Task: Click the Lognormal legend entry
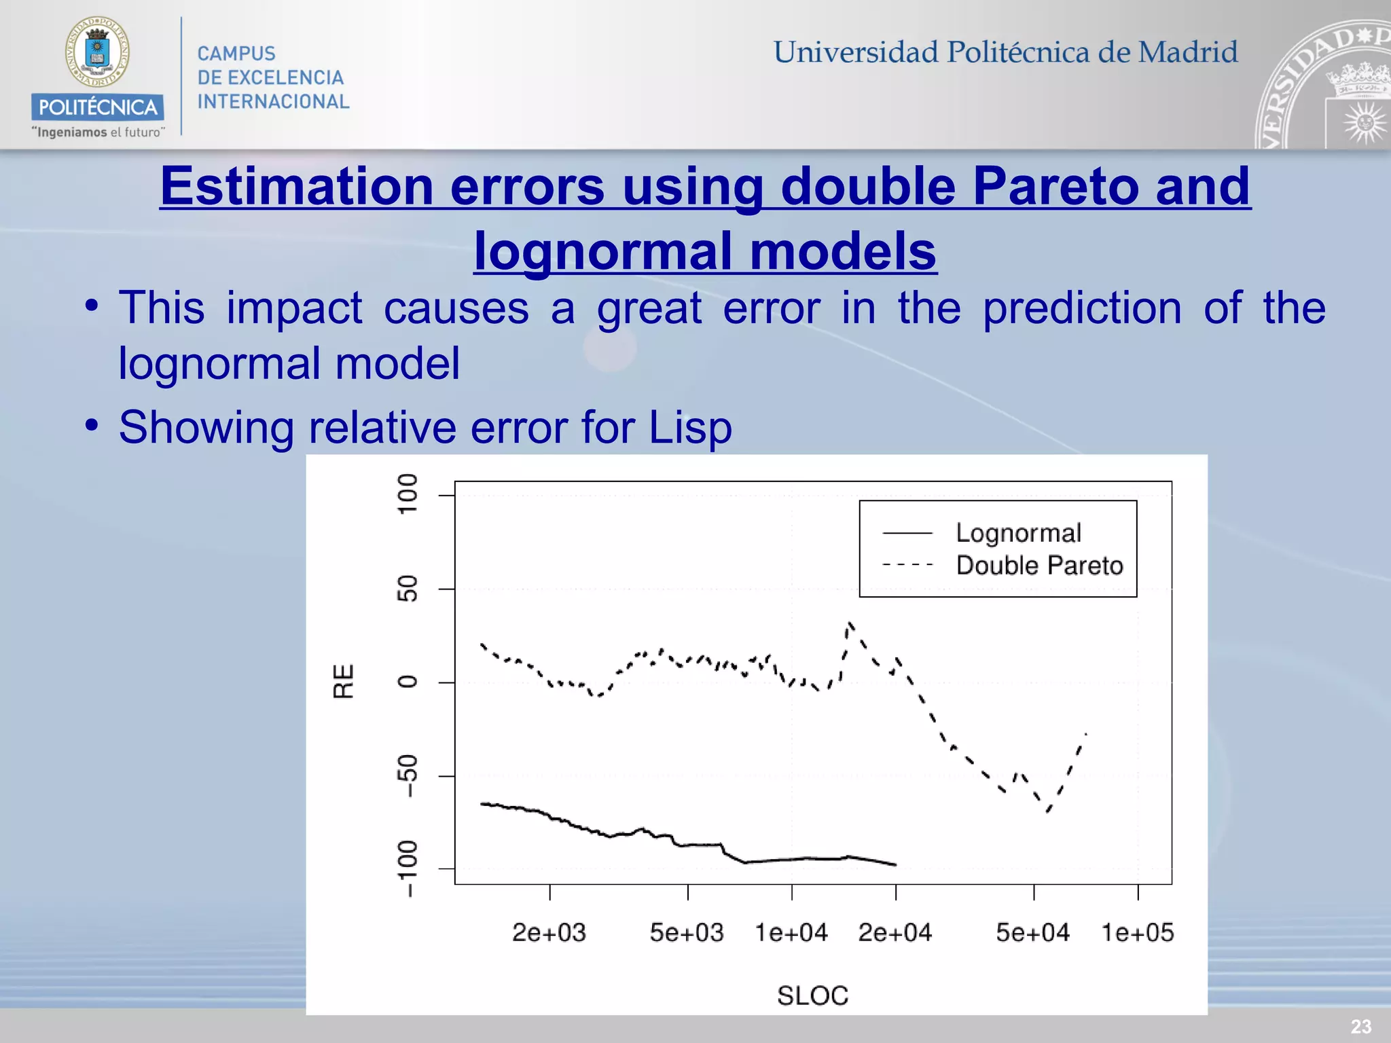(x=1017, y=533)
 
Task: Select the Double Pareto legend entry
(x=1039, y=566)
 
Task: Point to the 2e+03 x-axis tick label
(x=549, y=932)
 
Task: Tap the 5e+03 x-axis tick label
(x=687, y=932)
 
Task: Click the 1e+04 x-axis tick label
(x=791, y=932)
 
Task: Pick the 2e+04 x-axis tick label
(x=895, y=932)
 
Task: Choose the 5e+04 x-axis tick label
(x=1033, y=932)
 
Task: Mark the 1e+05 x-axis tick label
(x=1138, y=932)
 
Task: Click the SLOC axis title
(x=813, y=995)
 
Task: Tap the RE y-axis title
(x=344, y=681)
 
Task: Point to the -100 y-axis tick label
(x=407, y=868)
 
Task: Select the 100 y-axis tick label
(x=407, y=494)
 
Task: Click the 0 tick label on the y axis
(x=407, y=682)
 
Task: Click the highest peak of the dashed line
(x=850, y=623)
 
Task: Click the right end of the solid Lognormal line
(x=895, y=864)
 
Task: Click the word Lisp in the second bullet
(x=690, y=428)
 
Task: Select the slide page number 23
(x=1360, y=1026)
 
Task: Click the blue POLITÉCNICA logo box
(x=97, y=107)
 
